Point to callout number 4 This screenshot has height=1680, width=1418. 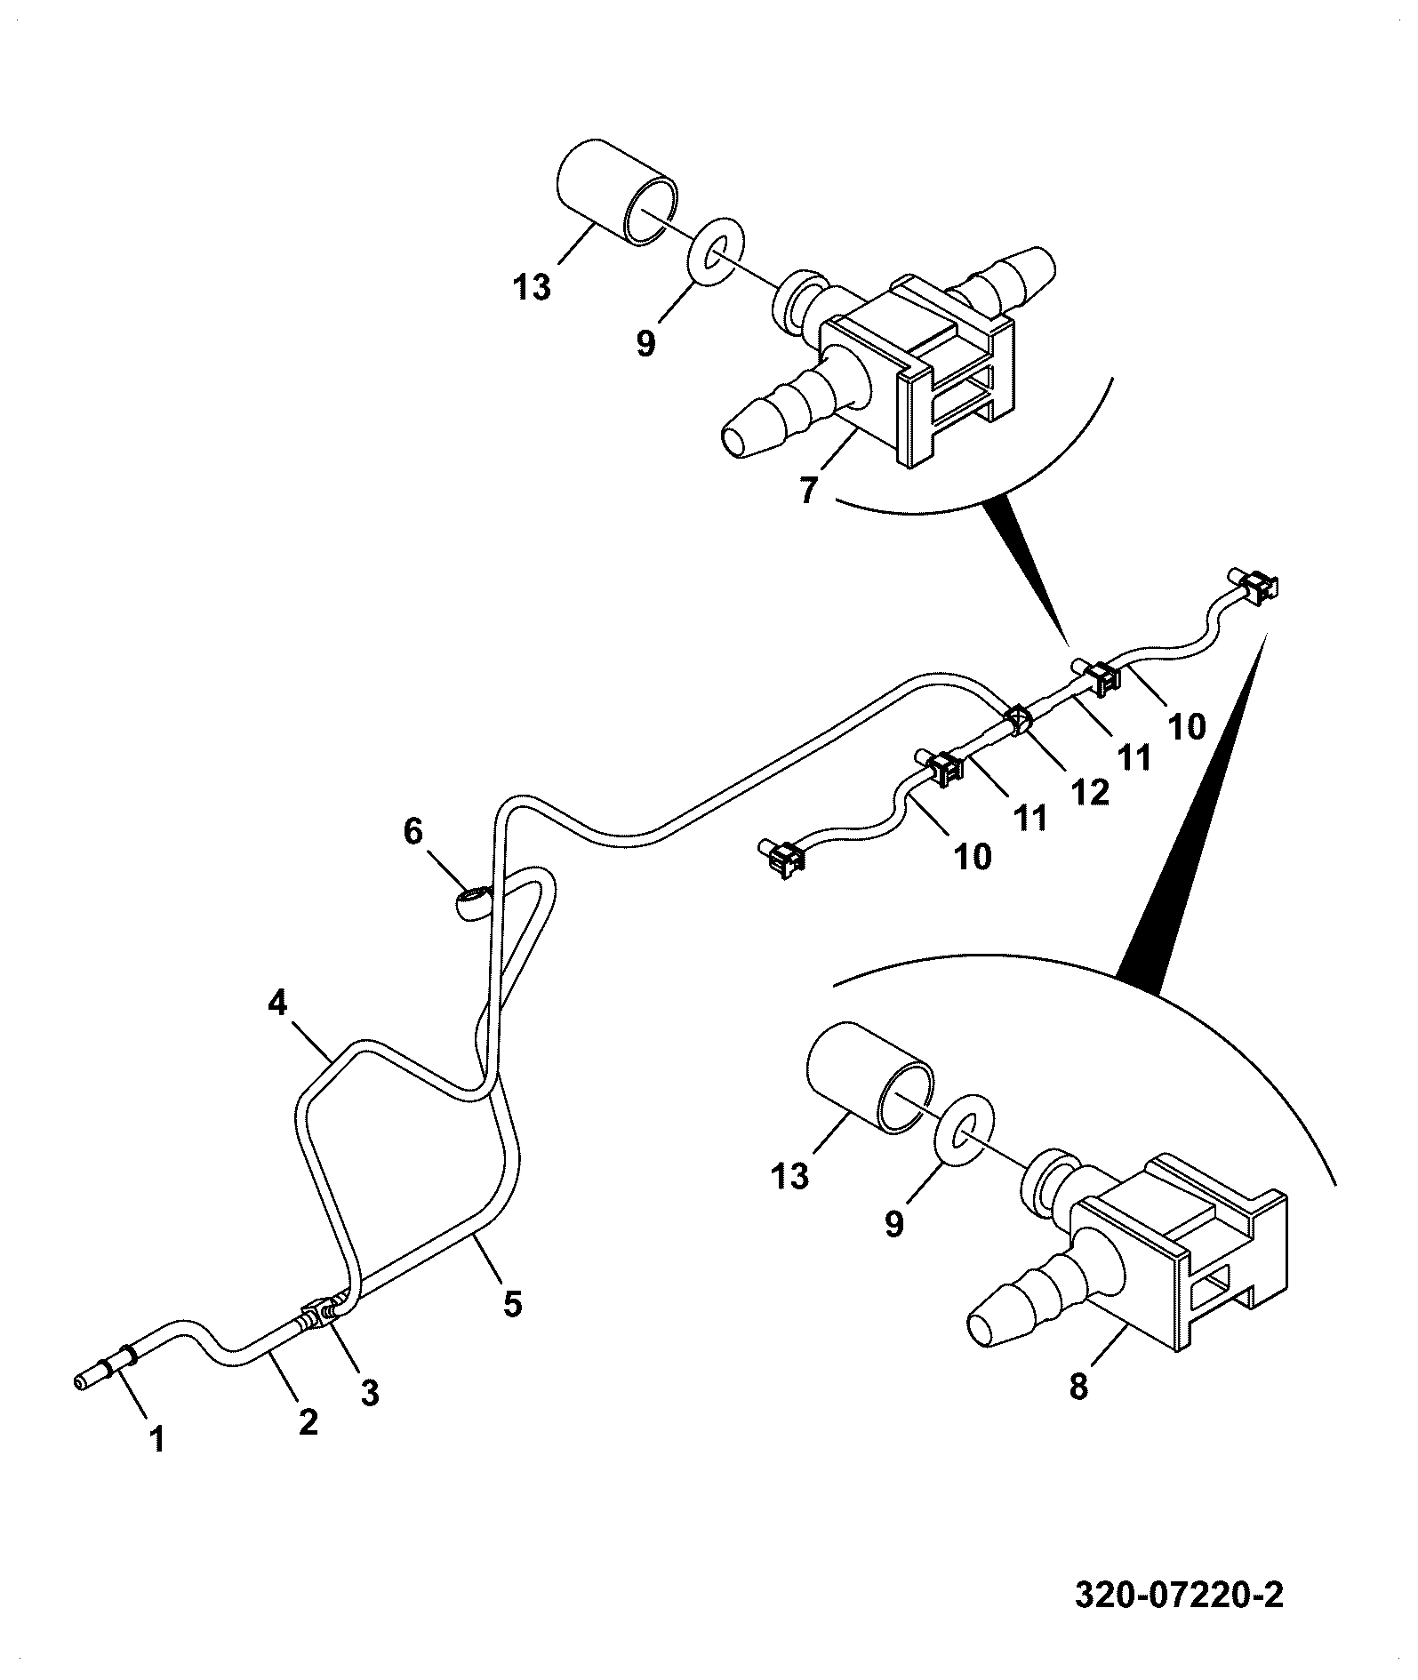pos(277,1004)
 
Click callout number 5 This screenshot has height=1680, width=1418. pos(512,1303)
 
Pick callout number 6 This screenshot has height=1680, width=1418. pos(413,832)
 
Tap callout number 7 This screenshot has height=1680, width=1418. pos(807,489)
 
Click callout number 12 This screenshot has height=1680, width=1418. pos(1091,792)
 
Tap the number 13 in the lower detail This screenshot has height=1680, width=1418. pos(789,1175)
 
